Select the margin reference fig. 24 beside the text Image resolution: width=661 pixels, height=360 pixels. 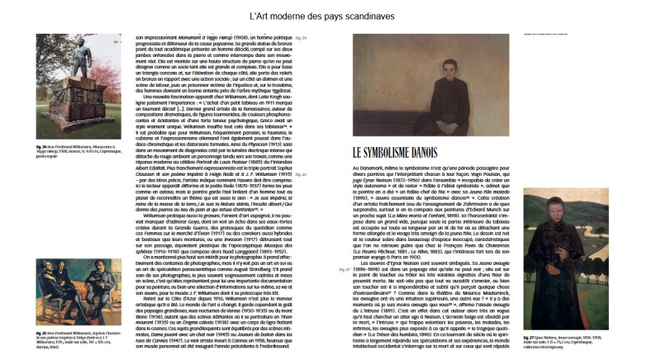click(300, 39)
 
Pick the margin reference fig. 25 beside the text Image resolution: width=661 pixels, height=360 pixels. click(300, 175)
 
